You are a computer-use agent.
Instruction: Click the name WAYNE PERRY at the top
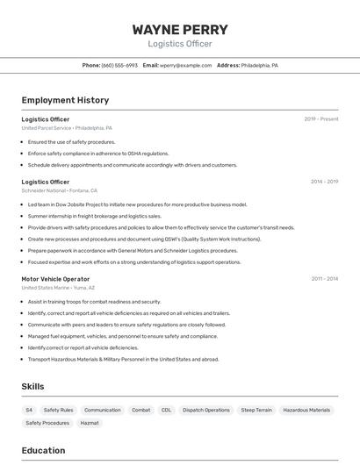click(x=180, y=29)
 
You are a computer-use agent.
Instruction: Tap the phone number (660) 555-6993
click(x=119, y=65)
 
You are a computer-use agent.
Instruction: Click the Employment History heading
click(x=65, y=100)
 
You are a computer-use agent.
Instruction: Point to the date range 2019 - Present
click(x=321, y=118)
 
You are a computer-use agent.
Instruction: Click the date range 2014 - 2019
click(x=324, y=182)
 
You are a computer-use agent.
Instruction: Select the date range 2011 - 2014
click(x=324, y=279)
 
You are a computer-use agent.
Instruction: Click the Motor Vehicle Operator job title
click(x=55, y=279)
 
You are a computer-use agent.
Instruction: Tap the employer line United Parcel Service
click(x=67, y=127)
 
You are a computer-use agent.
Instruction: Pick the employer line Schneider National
click(x=59, y=190)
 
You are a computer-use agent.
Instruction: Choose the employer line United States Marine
click(x=58, y=288)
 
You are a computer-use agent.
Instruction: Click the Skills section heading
click(x=32, y=386)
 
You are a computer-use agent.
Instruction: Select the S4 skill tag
click(x=29, y=410)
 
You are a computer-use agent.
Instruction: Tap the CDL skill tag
click(x=166, y=410)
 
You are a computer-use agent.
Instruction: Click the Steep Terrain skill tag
click(x=256, y=410)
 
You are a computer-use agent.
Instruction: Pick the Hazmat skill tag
click(x=90, y=423)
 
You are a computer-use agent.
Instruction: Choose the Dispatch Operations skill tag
click(x=205, y=410)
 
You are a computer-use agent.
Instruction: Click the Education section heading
click(x=43, y=450)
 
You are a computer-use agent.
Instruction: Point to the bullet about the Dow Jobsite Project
click(x=137, y=204)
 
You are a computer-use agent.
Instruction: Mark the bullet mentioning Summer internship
click(x=94, y=216)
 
